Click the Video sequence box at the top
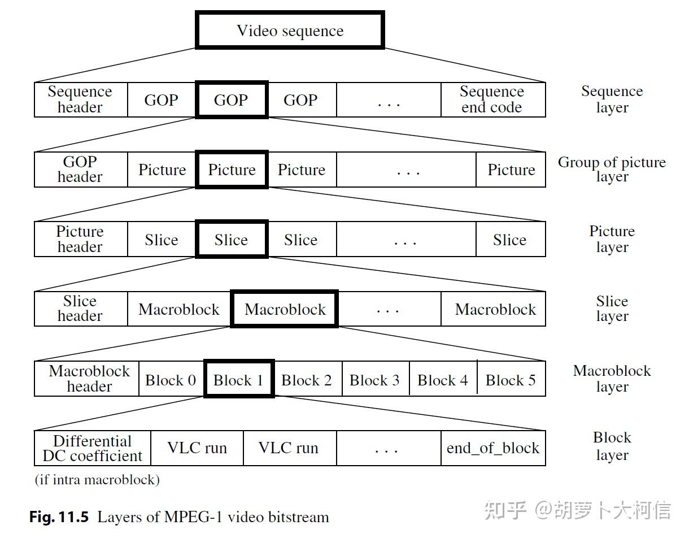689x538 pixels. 290,30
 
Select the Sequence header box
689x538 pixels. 80,99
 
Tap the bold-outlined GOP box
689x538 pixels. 231,100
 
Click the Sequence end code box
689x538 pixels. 492,99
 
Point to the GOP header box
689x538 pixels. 80,169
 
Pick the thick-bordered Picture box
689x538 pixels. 232,170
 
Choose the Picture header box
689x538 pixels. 80,239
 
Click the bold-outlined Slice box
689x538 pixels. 231,240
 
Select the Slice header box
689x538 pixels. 80,309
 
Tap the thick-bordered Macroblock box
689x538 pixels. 285,309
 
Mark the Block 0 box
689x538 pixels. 171,380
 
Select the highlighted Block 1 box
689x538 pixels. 238,380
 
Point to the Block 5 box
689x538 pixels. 511,380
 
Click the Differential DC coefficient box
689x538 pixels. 93,448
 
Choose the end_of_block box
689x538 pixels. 492,448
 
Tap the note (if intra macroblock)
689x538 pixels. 97,480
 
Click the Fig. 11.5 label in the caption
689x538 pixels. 59,517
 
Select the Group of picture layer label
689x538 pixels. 612,169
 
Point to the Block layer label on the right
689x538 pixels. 612,446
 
